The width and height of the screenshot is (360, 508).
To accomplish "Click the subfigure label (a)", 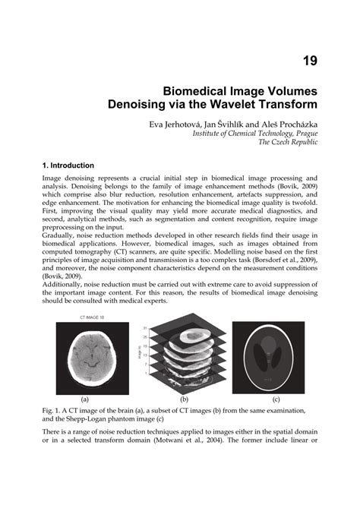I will click(x=84, y=399).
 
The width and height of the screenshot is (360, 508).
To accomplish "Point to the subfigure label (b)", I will click(x=183, y=399).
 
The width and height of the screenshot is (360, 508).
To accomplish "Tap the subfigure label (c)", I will click(x=274, y=399).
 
